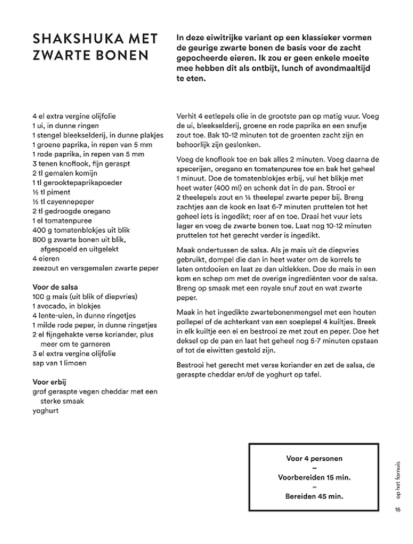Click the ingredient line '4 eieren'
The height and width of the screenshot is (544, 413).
pyautogui.click(x=46, y=259)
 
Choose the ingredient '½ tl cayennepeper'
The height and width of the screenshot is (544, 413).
pyautogui.click(x=63, y=201)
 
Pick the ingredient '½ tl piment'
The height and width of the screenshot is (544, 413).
pyautogui.click(x=51, y=192)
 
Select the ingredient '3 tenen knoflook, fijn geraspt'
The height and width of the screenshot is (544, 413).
pyautogui.click(x=81, y=163)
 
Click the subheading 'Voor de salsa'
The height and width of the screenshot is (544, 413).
pyautogui.click(x=55, y=287)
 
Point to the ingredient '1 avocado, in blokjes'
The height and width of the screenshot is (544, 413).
pyautogui.click(x=67, y=306)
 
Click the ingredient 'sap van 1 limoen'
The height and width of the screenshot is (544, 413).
pyautogui.click(x=59, y=363)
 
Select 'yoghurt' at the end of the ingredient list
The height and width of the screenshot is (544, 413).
pyautogui.click(x=46, y=411)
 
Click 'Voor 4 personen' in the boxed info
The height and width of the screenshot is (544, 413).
pyautogui.click(x=314, y=458)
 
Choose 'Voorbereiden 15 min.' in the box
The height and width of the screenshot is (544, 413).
pyautogui.click(x=314, y=477)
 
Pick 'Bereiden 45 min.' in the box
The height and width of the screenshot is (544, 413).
pyautogui.click(x=314, y=496)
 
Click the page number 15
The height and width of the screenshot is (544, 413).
pyautogui.click(x=398, y=510)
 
